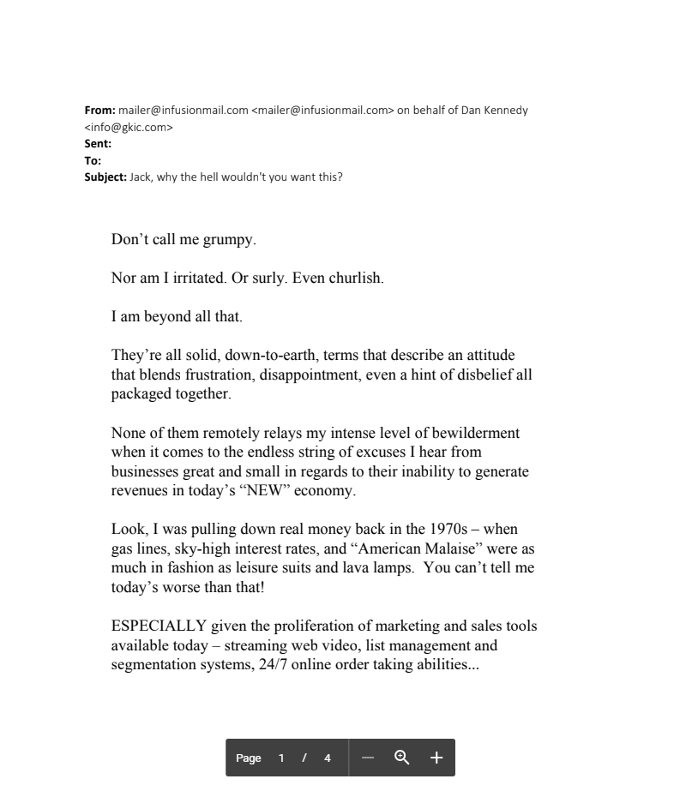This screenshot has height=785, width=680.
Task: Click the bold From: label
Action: click(x=99, y=111)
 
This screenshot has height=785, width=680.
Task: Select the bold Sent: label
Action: click(x=98, y=144)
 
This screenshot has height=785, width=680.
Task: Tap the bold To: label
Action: click(x=93, y=160)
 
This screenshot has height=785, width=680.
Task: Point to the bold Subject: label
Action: click(x=105, y=177)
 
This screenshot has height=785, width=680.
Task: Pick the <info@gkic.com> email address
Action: click(x=129, y=128)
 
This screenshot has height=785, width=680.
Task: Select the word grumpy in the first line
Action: click(x=228, y=240)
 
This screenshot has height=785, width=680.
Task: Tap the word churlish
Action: click(x=356, y=279)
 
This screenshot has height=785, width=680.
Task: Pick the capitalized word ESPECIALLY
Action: click(x=159, y=626)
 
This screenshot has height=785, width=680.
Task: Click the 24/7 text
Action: click(x=273, y=664)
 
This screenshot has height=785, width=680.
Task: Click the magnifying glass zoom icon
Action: click(x=401, y=758)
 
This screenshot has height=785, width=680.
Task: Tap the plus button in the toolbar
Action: click(x=436, y=758)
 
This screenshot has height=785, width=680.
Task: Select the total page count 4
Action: click(x=327, y=758)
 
